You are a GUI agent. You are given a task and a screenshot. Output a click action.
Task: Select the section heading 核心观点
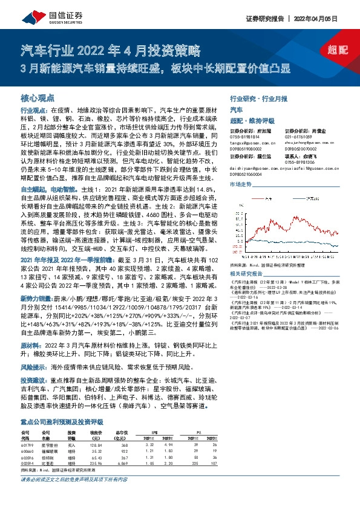(38, 97)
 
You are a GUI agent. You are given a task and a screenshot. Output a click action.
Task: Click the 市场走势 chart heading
(240, 182)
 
